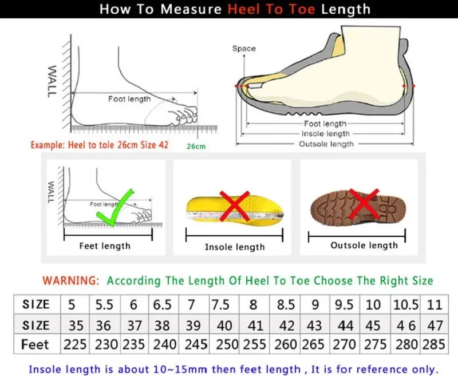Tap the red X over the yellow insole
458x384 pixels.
point(234,207)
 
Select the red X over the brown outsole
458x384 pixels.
point(365,204)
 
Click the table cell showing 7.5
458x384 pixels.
point(221,304)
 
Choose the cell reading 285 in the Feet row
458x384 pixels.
point(435,345)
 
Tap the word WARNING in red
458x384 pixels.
point(70,280)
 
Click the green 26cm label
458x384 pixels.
point(196,146)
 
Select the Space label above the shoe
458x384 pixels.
point(244,49)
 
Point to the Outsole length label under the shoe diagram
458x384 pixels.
point(326,144)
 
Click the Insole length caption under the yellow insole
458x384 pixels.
point(235,247)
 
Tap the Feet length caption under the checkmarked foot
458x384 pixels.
point(105,246)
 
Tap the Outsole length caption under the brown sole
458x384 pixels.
point(364,246)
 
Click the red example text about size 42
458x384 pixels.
point(100,145)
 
